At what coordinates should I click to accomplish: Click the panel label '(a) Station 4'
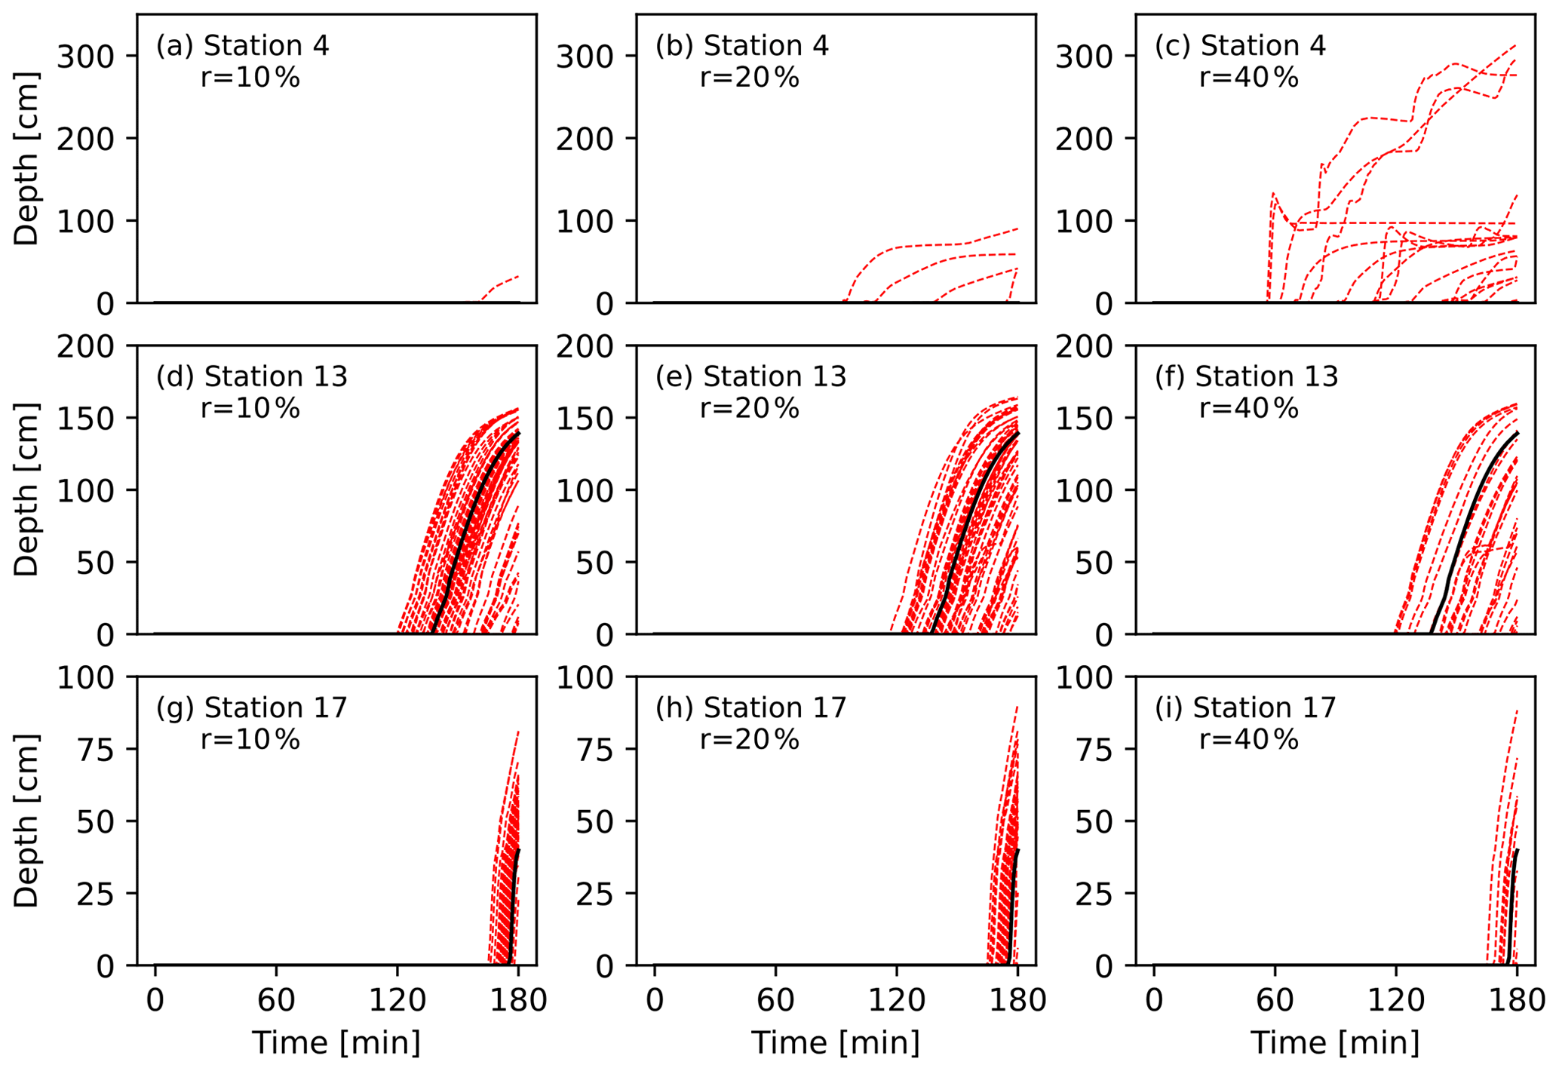pos(242,46)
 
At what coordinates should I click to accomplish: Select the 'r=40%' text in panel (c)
pos(1249,78)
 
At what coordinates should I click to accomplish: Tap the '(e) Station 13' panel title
pos(750,376)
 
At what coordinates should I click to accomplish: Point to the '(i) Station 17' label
pos(1245,707)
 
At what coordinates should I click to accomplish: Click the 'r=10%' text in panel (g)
pos(250,739)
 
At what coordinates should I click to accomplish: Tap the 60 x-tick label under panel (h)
pos(775,1000)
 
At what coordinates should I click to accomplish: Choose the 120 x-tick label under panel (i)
pos(1395,1000)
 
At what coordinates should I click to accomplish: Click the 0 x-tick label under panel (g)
pos(155,1000)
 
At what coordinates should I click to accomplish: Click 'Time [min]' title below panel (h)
pos(836,1043)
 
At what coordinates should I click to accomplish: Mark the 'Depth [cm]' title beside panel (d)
pos(27,490)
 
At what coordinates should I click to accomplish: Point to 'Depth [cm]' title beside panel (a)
pos(27,159)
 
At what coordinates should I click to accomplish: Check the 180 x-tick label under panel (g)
pos(518,1000)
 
